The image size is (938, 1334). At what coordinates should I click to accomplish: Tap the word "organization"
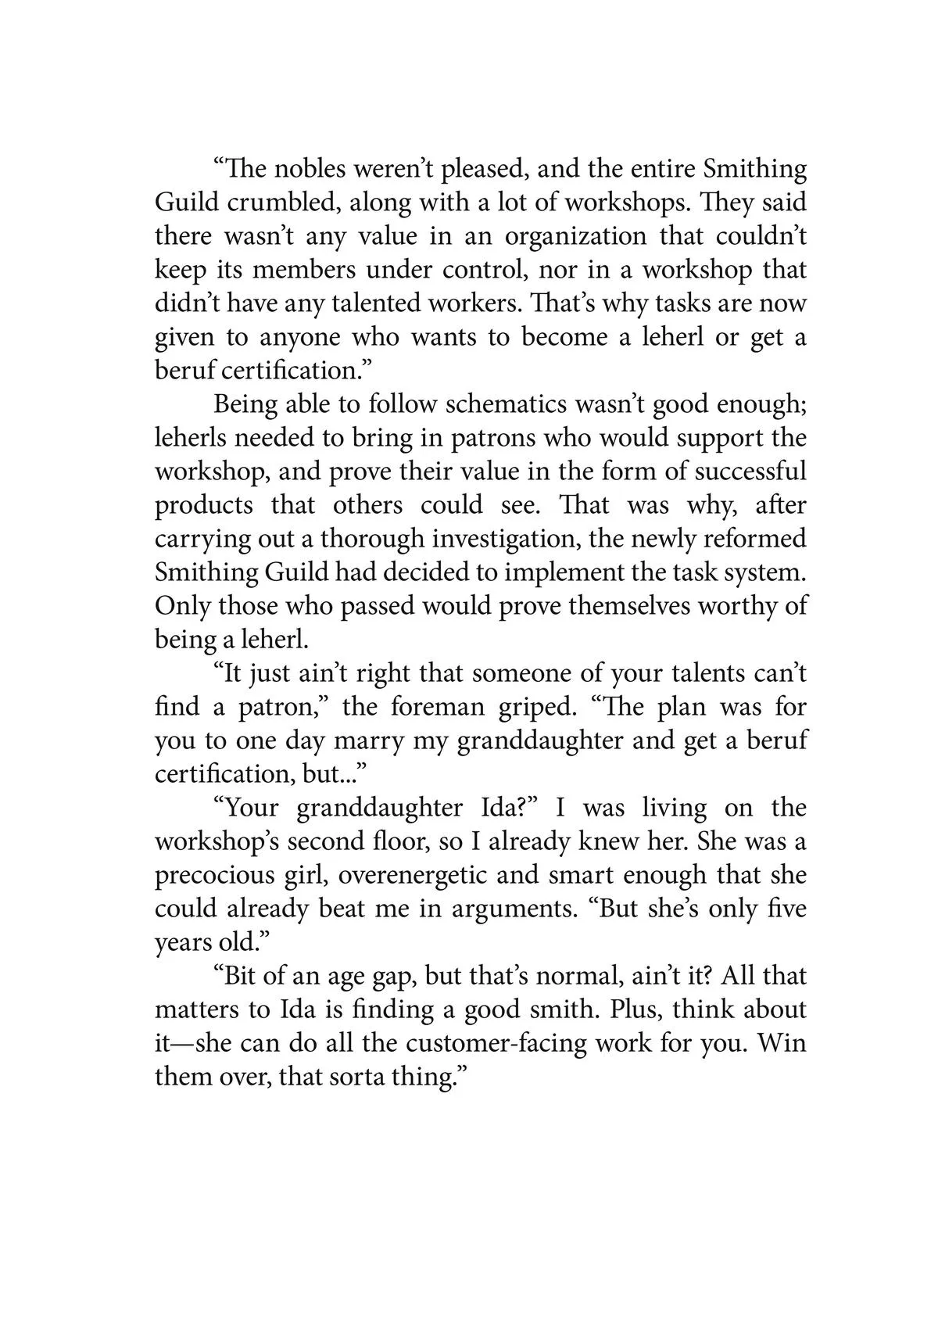(576, 236)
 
